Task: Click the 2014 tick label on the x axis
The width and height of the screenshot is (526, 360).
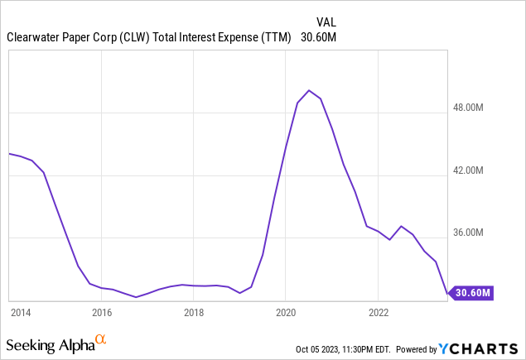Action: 20,313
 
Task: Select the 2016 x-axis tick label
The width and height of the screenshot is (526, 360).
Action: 102,313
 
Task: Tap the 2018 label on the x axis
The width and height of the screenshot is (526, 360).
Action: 194,313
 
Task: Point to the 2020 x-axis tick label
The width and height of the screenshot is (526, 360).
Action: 285,313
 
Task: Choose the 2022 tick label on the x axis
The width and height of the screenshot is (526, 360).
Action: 378,313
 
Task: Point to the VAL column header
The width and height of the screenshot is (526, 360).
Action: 326,22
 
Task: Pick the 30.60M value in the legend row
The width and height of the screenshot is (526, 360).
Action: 318,36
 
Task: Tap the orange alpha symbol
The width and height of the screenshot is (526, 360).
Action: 101,339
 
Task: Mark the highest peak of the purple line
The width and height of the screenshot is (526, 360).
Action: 308,90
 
